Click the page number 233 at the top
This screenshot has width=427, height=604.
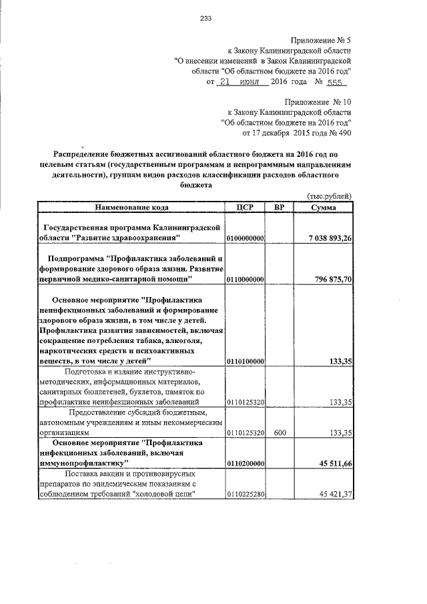205,18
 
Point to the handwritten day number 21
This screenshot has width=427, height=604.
228,82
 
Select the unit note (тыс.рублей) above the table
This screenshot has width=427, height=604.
328,196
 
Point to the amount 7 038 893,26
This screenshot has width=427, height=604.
322,238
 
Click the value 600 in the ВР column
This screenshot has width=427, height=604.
280,432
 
